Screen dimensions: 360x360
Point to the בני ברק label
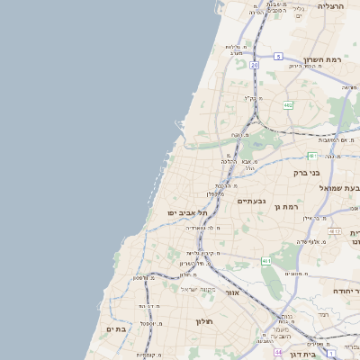[307, 172]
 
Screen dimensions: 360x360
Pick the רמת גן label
[286, 207]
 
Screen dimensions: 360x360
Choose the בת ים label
[117, 329]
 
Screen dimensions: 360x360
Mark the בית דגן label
[345, 356]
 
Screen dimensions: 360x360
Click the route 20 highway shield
[255, 66]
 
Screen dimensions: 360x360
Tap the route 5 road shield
[278, 57]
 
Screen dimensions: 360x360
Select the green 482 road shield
[288, 105]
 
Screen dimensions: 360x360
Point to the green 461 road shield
[265, 261]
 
